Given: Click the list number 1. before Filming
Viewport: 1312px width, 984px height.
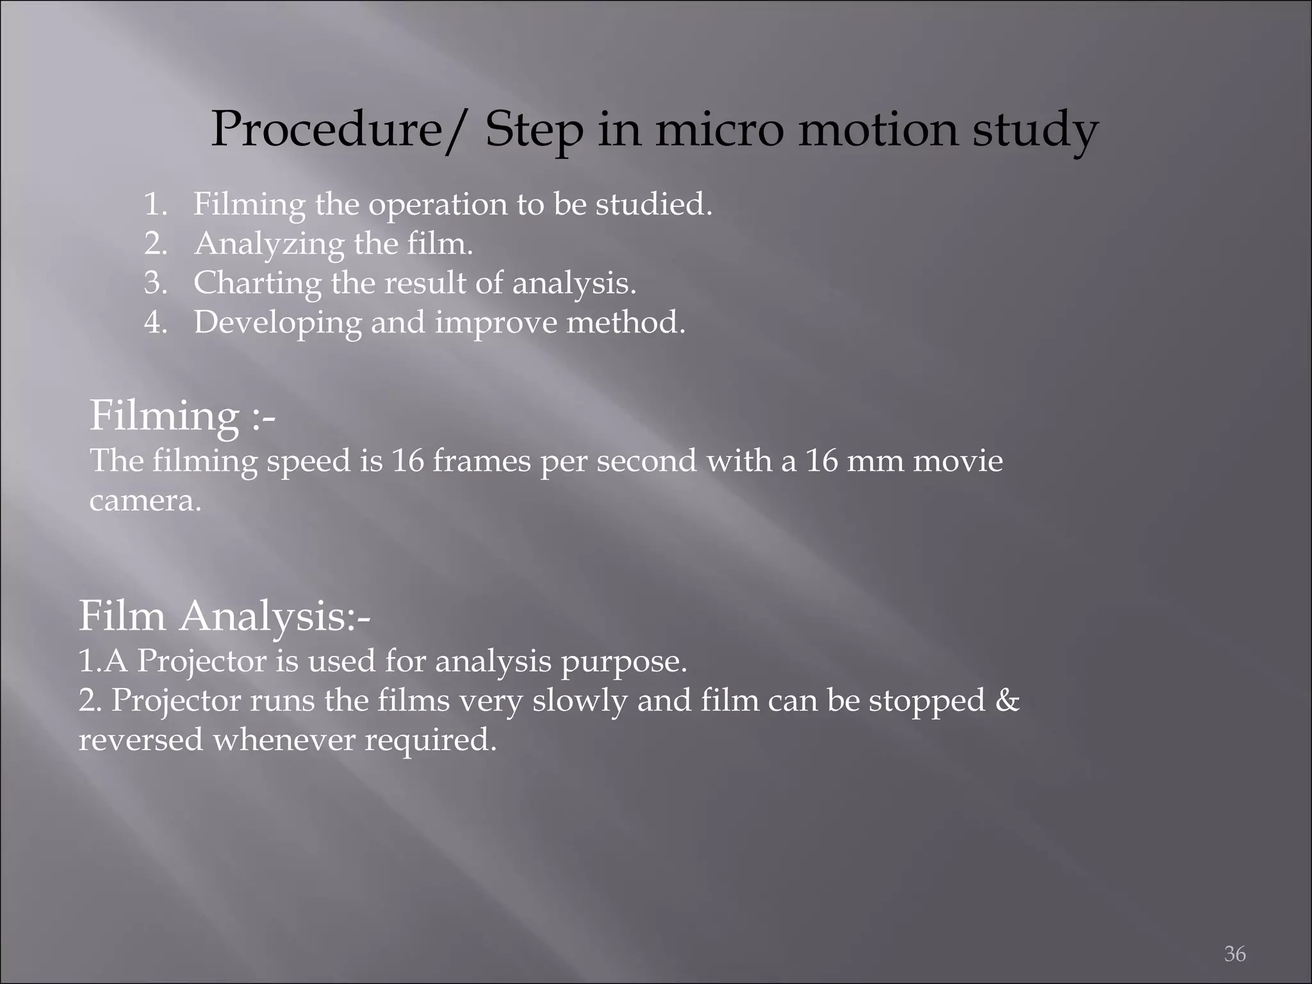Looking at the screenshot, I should (x=156, y=205).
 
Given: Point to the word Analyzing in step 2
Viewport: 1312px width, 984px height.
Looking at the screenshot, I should (x=269, y=245).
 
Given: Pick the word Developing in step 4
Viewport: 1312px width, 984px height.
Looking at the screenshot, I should (x=277, y=323).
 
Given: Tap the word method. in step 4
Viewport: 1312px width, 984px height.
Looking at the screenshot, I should (x=626, y=322).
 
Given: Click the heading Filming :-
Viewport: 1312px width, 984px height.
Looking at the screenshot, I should (x=183, y=416).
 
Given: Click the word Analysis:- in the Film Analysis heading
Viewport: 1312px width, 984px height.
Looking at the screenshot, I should (x=275, y=617).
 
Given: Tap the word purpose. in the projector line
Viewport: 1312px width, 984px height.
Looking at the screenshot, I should (x=624, y=662).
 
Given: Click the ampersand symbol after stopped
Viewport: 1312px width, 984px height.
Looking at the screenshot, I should (x=1008, y=700).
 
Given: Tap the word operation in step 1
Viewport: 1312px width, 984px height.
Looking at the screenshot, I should (x=437, y=205).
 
